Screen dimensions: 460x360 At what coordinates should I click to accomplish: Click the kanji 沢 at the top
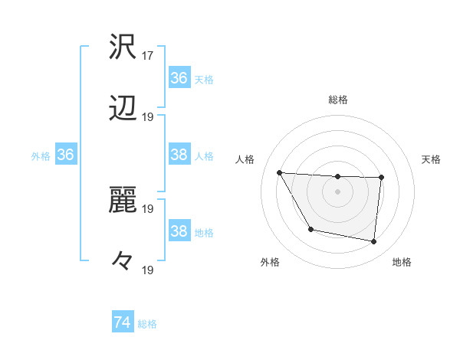pyautogui.click(x=123, y=47)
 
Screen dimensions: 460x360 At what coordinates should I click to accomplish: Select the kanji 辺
pyautogui.click(x=123, y=110)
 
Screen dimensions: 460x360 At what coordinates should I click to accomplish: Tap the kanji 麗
pyautogui.click(x=123, y=201)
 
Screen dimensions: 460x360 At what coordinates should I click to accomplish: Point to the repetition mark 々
pyautogui.click(x=123, y=262)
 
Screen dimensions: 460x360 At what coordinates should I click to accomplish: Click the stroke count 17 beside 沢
pyautogui.click(x=148, y=56)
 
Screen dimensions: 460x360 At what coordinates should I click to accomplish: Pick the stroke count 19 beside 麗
pyautogui.click(x=148, y=208)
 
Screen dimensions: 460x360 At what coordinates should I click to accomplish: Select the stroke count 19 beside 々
pyautogui.click(x=148, y=270)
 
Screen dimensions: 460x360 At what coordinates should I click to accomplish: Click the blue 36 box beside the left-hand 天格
pyautogui.click(x=179, y=77)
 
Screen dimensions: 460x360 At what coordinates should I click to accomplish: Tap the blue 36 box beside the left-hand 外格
pyautogui.click(x=66, y=155)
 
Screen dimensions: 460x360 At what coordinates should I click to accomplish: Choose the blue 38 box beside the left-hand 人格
pyautogui.click(x=179, y=155)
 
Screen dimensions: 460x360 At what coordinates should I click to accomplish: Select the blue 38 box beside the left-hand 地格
pyautogui.click(x=179, y=231)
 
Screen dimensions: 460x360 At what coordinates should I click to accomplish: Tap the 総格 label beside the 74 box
pyautogui.click(x=148, y=324)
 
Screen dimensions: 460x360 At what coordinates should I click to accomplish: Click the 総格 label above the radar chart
pyautogui.click(x=338, y=100)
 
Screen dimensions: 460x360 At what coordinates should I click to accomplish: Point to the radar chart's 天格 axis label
pyautogui.click(x=432, y=159)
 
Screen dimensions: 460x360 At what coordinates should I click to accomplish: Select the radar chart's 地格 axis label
pyautogui.click(x=402, y=262)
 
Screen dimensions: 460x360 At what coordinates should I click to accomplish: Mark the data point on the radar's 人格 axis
pyautogui.click(x=280, y=172)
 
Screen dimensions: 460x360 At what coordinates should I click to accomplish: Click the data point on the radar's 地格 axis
pyautogui.click(x=373, y=241)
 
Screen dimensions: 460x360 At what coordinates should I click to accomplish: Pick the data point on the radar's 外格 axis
pyautogui.click(x=310, y=229)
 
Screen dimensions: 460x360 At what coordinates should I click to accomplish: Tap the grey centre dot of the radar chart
pyautogui.click(x=338, y=191)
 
